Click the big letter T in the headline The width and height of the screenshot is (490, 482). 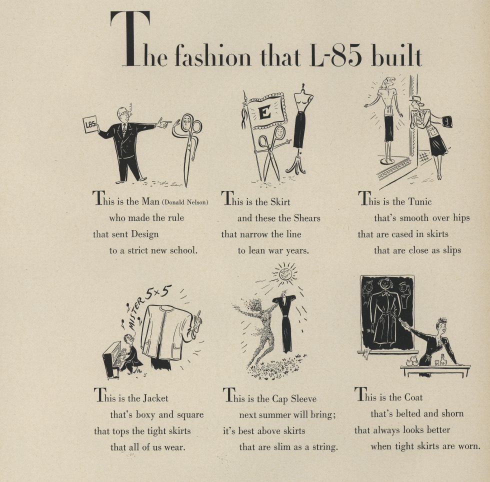click(x=130, y=39)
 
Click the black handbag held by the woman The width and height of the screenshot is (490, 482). click(x=446, y=121)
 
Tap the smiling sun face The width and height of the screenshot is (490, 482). click(x=285, y=274)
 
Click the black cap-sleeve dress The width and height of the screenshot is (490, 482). click(x=285, y=322)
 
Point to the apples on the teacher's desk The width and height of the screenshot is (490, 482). click(x=412, y=361)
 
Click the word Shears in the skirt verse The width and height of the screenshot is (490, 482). click(x=307, y=218)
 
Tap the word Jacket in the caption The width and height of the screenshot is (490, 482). click(x=155, y=398)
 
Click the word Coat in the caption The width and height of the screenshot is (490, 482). click(x=413, y=397)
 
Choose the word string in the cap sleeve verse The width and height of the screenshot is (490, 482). click(x=325, y=447)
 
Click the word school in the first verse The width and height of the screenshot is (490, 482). click(x=184, y=250)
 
